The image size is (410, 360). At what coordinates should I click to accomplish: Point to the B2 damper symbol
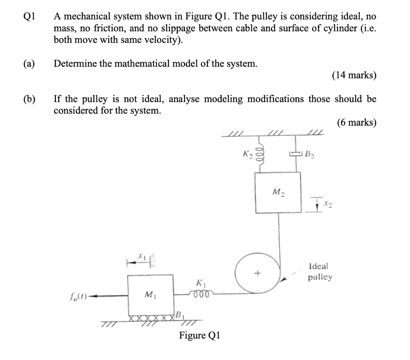[x=295, y=154]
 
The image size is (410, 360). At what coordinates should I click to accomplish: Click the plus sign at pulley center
[x=258, y=274]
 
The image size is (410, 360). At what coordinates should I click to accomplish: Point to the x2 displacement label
[x=327, y=205]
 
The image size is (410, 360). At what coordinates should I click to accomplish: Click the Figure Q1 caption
[x=199, y=335]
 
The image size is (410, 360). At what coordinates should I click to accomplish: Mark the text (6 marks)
[x=356, y=122]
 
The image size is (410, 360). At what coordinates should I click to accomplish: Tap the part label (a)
[x=29, y=64]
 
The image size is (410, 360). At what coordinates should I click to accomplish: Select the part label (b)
[x=29, y=99]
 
